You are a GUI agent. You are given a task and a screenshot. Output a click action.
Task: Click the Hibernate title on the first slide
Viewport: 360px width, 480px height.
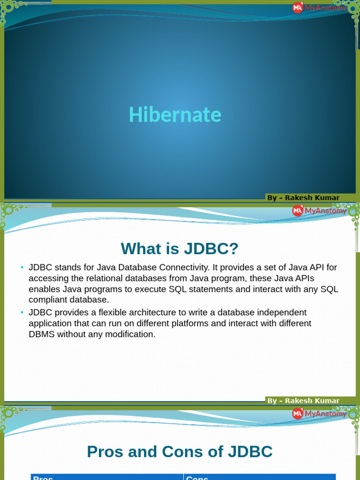pos(175,115)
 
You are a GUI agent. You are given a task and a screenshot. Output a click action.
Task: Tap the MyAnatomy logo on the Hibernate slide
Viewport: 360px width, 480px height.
pos(319,7)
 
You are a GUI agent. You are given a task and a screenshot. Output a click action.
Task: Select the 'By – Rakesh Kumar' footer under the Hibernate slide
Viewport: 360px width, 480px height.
pos(303,198)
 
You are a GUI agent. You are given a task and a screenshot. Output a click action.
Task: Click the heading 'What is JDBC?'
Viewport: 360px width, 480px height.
pos(180,248)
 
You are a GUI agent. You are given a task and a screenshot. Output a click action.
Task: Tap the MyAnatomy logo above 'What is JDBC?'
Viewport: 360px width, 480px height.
pos(319,211)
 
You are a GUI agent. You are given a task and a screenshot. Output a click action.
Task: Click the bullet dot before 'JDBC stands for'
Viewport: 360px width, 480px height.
pos(22,267)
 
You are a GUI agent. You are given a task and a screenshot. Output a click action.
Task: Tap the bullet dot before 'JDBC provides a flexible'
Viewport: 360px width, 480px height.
pos(22,312)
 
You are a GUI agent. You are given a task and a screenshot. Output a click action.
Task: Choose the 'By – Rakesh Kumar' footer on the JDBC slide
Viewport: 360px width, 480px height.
pos(303,400)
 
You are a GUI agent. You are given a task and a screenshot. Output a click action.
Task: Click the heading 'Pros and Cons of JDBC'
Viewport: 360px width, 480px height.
pos(180,451)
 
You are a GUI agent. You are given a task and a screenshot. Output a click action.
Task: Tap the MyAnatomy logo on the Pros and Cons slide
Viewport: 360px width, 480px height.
pos(319,413)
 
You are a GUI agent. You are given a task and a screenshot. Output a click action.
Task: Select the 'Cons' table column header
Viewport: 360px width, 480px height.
pos(197,478)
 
